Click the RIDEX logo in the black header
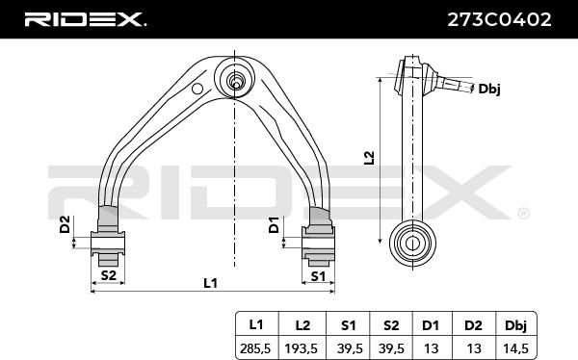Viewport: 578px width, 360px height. [85, 19]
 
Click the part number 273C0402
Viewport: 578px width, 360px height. [499, 19]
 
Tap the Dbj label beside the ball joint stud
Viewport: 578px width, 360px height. [489, 89]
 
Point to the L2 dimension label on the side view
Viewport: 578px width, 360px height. [369, 158]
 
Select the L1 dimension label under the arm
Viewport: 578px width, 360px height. [210, 283]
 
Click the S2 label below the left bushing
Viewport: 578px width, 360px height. [108, 275]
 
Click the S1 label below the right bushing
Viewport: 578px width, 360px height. [318, 275]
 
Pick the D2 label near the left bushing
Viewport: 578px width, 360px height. [65, 224]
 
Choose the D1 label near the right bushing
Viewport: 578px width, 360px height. [274, 225]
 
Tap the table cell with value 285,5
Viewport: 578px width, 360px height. [255, 348]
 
